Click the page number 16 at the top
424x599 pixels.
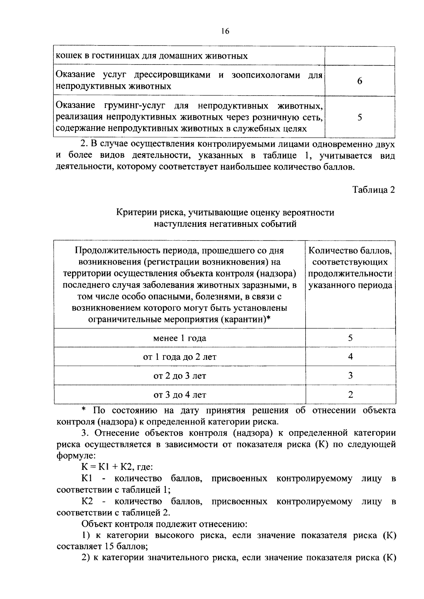225,31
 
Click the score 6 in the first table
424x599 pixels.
359,81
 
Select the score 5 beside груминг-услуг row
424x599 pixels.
359,117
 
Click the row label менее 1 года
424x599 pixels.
179,338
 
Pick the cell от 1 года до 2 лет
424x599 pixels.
179,357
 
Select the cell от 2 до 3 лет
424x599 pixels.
179,376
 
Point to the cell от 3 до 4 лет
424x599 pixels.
179,395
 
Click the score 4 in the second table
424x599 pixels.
350,357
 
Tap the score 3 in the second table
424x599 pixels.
350,375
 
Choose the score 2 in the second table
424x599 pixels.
350,394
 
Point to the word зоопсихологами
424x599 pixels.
265,75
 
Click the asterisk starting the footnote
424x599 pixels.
84,410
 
